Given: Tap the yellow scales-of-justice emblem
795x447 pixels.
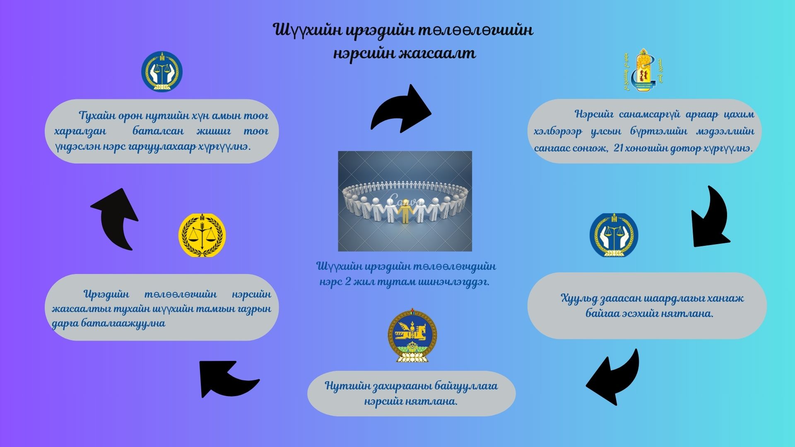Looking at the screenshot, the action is [x=202, y=235].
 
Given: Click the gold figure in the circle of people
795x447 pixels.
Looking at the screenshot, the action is [x=405, y=211].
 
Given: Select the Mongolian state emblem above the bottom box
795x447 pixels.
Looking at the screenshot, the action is [x=412, y=336].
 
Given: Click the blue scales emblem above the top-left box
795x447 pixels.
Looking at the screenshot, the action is [x=162, y=71].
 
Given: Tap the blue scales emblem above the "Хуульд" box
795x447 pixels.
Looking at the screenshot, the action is [x=614, y=235].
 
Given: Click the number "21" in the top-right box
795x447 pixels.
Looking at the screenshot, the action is [x=619, y=148].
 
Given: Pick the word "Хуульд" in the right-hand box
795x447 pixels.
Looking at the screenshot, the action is [x=579, y=298].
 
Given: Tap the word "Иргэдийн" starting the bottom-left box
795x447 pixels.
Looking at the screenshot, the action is [x=106, y=295].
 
